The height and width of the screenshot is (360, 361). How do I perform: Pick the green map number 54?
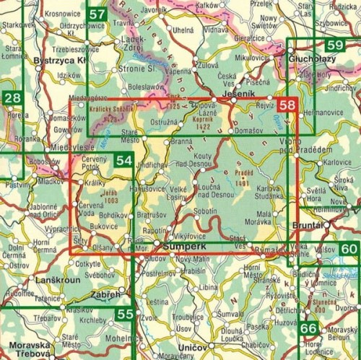(123, 162)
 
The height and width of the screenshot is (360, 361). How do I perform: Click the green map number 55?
(124, 313)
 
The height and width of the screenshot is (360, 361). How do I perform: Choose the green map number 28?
(11, 98)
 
